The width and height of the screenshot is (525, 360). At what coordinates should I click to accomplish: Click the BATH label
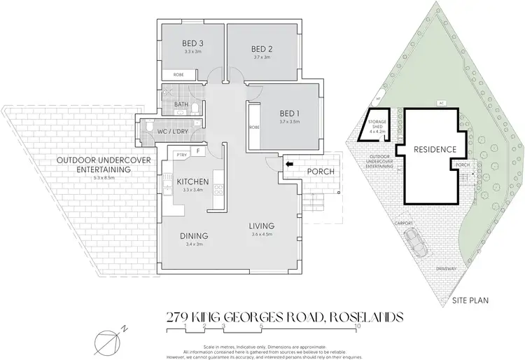180,106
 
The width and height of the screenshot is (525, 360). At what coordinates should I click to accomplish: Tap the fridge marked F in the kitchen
198,151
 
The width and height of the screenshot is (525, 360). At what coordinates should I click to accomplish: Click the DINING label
193,235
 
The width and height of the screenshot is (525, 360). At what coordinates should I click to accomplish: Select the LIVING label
262,226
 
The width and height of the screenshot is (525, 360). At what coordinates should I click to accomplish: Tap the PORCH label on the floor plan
320,171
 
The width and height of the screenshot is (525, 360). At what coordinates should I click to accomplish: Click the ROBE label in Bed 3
178,74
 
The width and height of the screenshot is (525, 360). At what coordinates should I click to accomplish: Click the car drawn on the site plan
419,244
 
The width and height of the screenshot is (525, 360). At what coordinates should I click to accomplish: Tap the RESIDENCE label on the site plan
434,149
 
